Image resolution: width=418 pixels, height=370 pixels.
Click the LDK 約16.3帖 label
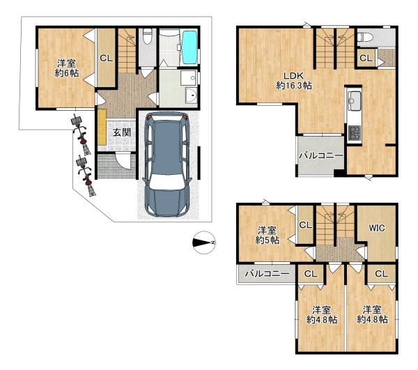pos(294,81)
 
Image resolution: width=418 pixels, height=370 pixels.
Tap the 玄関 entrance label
pos(121,132)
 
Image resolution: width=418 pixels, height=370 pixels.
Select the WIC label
pos(377,228)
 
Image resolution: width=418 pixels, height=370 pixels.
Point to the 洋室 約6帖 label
pos(66,68)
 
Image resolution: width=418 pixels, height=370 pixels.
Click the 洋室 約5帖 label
pos(267,235)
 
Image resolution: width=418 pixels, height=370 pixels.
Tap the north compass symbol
pos(204,242)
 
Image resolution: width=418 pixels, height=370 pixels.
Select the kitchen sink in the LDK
pos(353,101)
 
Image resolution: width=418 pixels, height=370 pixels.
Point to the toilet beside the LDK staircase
pos(364,37)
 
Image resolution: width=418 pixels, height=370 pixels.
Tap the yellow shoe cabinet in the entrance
pos(102,127)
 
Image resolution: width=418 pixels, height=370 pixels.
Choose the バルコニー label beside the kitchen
pos(321,155)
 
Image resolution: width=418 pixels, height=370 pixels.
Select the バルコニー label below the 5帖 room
pos(267,274)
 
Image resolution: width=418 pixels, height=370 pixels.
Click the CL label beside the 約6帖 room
pos(107,58)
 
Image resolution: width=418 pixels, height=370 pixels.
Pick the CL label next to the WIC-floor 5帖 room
pos(306,225)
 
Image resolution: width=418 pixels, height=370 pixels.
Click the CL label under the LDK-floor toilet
pos(366,58)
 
